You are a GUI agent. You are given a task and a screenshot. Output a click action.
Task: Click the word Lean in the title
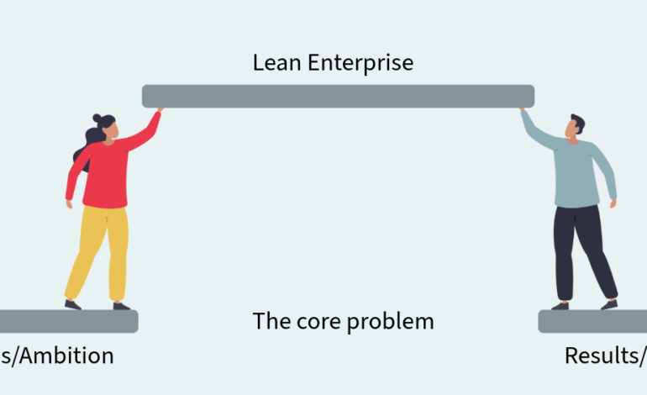pyautogui.click(x=273, y=63)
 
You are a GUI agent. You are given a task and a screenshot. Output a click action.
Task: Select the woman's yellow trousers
pyautogui.click(x=97, y=248)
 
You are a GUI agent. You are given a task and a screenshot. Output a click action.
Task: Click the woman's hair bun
pyautogui.click(x=98, y=118)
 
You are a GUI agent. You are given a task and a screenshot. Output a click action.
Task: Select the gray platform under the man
pyautogui.click(x=592, y=321)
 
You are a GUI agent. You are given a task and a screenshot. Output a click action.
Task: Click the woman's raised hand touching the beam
pyautogui.click(x=160, y=110)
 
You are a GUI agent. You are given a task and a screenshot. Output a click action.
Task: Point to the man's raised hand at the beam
pyautogui.click(x=523, y=110)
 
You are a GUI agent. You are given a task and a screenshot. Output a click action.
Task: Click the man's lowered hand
pyautogui.click(x=613, y=203)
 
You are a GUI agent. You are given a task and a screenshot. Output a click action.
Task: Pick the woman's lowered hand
pyautogui.click(x=70, y=203)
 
